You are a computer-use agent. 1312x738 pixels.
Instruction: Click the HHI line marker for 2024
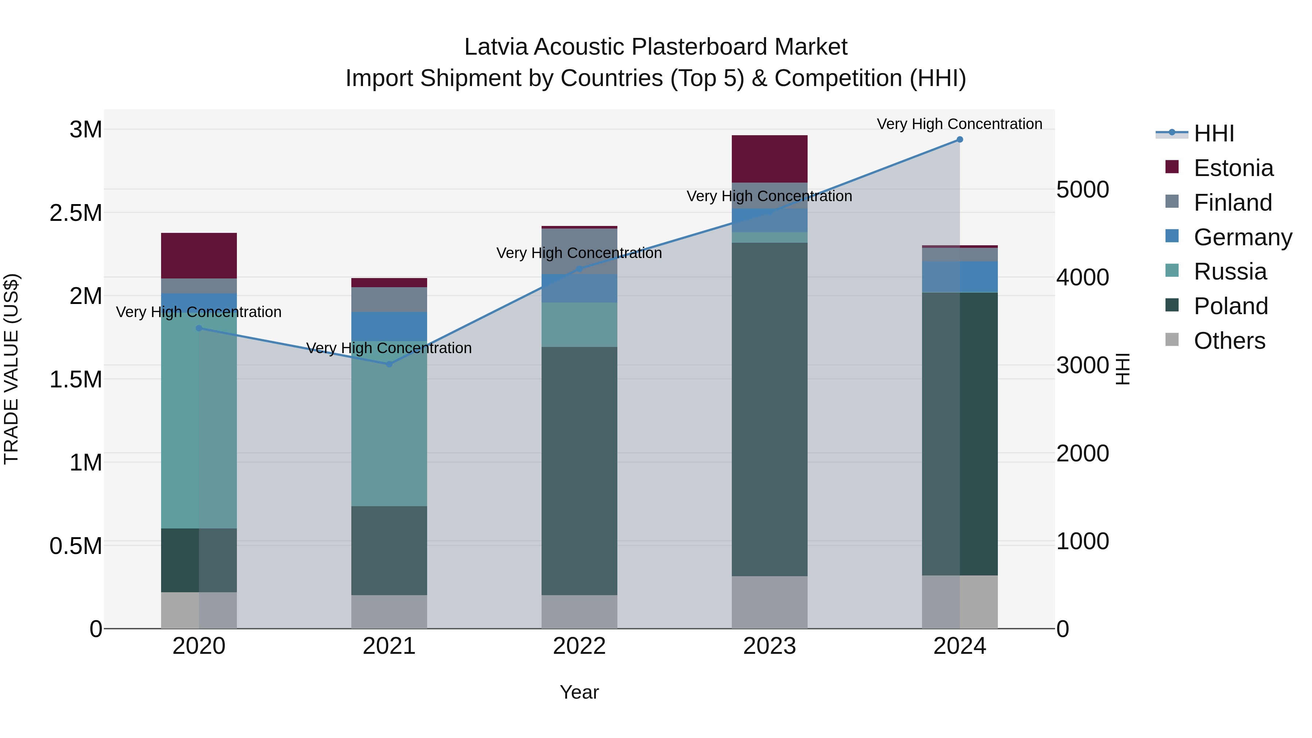(960, 140)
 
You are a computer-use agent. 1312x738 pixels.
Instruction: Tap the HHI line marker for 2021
(389, 364)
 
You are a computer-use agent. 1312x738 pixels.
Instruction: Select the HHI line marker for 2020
(199, 328)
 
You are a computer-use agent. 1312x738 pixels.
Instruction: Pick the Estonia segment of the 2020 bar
(199, 256)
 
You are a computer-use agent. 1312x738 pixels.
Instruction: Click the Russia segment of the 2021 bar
(389, 423)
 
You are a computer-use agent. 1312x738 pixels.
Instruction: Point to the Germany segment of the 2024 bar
(960, 277)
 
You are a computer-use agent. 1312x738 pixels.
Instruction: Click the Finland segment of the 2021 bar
(389, 300)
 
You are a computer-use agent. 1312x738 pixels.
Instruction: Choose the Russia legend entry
(1230, 272)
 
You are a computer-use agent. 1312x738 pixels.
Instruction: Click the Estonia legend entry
(1233, 168)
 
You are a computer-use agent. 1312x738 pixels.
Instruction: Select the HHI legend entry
(1214, 133)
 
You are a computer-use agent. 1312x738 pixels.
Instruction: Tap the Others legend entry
(1229, 341)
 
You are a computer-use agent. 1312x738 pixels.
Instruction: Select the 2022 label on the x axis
(579, 646)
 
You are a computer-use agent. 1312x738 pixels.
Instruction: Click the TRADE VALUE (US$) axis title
(12, 369)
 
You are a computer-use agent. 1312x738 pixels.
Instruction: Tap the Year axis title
(579, 692)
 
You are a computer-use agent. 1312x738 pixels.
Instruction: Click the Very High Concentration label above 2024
(959, 124)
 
